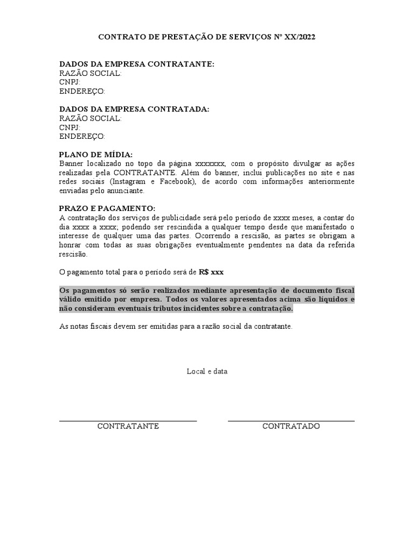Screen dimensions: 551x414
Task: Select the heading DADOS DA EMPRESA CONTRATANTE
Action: click(136, 64)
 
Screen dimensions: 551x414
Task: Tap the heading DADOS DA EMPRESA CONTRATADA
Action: click(134, 109)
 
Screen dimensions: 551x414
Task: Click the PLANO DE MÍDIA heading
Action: click(95, 154)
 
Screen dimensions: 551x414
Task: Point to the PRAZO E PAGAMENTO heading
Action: click(107, 208)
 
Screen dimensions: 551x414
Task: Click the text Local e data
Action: click(207, 371)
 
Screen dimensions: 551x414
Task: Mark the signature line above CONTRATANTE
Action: click(128, 421)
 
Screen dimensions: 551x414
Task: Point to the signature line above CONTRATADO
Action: click(291, 421)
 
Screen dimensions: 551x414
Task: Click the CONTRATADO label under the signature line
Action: click(291, 426)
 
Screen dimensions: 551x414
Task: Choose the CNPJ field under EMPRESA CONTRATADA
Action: click(70, 128)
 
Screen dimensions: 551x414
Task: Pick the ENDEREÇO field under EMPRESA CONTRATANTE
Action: click(82, 91)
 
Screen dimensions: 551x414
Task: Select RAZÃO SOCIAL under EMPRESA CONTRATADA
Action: click(90, 118)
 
